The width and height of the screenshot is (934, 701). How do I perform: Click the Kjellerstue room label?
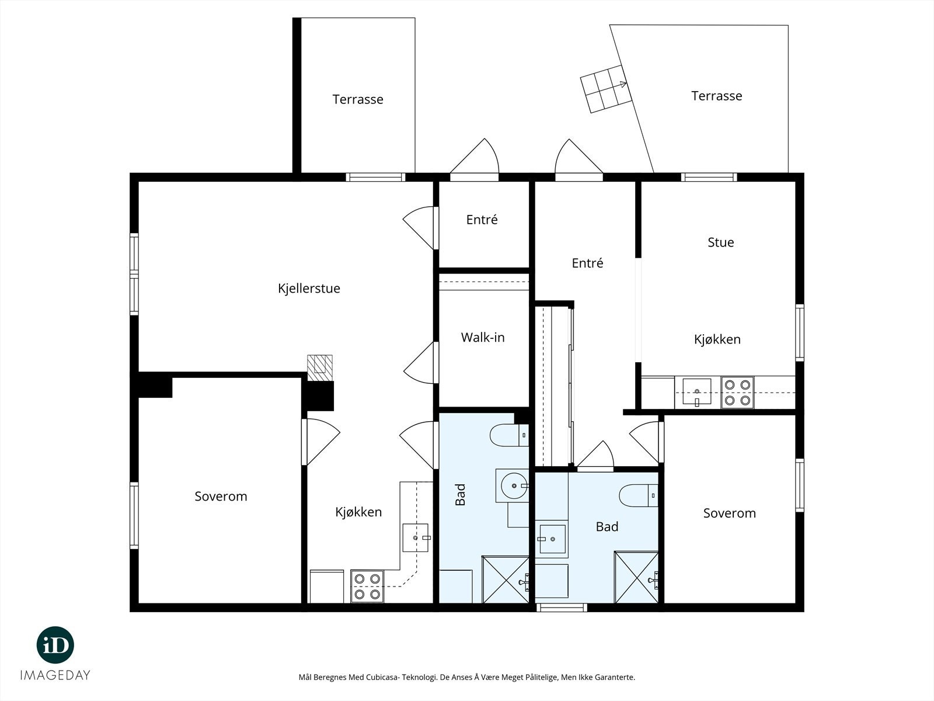click(309, 289)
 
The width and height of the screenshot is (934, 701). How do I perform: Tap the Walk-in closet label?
click(483, 338)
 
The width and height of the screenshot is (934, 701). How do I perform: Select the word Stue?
click(720, 242)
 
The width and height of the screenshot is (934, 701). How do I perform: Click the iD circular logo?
click(55, 645)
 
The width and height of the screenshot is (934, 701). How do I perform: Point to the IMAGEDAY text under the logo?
click(55, 675)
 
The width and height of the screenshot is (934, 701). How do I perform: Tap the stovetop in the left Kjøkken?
click(367, 586)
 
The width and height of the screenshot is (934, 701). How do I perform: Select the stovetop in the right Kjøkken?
click(737, 393)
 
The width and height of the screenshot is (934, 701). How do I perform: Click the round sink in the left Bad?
click(514, 485)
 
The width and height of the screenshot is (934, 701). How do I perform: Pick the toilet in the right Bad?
click(638, 495)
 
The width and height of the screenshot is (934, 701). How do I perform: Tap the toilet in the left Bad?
click(509, 435)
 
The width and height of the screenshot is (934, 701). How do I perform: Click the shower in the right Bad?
click(636, 577)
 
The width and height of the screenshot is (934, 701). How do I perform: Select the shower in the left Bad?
click(505, 579)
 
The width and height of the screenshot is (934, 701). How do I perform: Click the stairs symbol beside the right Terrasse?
click(606, 89)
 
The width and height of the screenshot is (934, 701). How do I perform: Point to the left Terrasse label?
click(358, 99)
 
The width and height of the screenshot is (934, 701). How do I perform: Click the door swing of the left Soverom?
click(321, 442)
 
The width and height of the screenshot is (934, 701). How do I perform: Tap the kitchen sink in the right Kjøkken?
click(696, 391)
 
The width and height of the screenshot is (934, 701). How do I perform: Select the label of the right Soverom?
click(729, 513)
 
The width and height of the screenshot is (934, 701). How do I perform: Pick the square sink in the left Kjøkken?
click(416, 537)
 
